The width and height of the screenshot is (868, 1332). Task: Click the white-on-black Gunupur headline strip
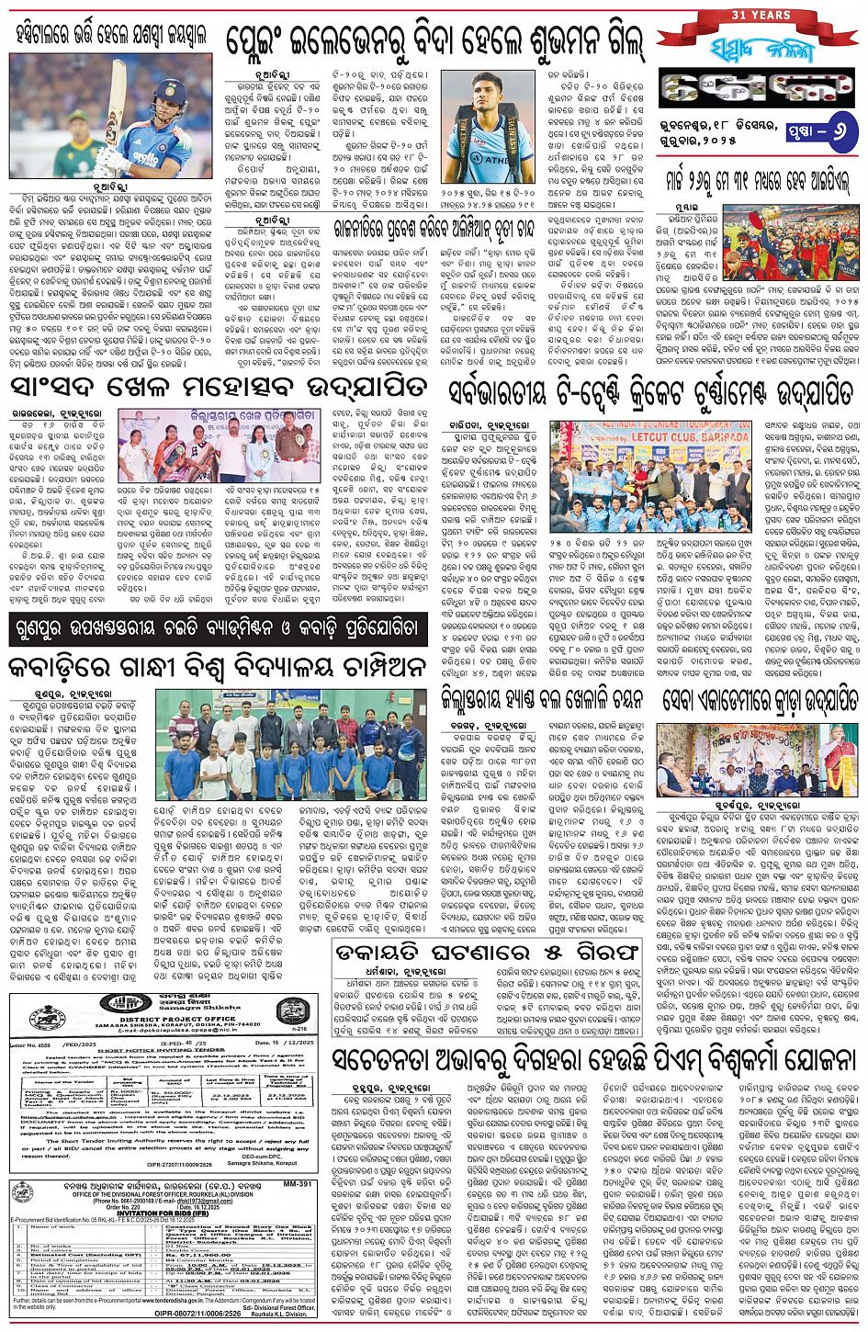point(217,630)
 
